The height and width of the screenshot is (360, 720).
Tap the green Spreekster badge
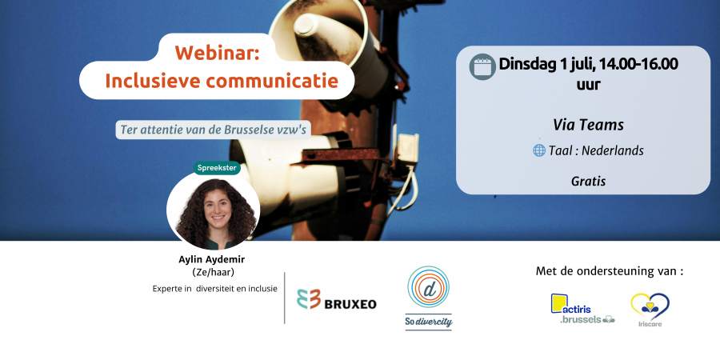[x=217, y=168]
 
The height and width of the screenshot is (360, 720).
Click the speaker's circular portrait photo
[x=214, y=210]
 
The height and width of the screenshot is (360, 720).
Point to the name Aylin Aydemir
[x=212, y=259]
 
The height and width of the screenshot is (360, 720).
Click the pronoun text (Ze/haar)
[x=213, y=273]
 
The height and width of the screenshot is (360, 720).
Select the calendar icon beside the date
[x=482, y=66]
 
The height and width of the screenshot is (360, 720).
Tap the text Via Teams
[x=588, y=125]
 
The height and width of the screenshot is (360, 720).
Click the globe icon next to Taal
[x=539, y=150]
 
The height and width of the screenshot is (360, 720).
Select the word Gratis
[x=588, y=182]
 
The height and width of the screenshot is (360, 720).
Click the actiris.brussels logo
[x=582, y=309]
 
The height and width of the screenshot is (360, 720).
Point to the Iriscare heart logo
[x=650, y=310]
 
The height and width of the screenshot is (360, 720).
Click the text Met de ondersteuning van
[x=610, y=271]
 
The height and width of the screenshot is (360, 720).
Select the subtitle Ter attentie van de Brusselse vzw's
[x=213, y=130]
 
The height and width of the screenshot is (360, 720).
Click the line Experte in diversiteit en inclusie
[x=215, y=289]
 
